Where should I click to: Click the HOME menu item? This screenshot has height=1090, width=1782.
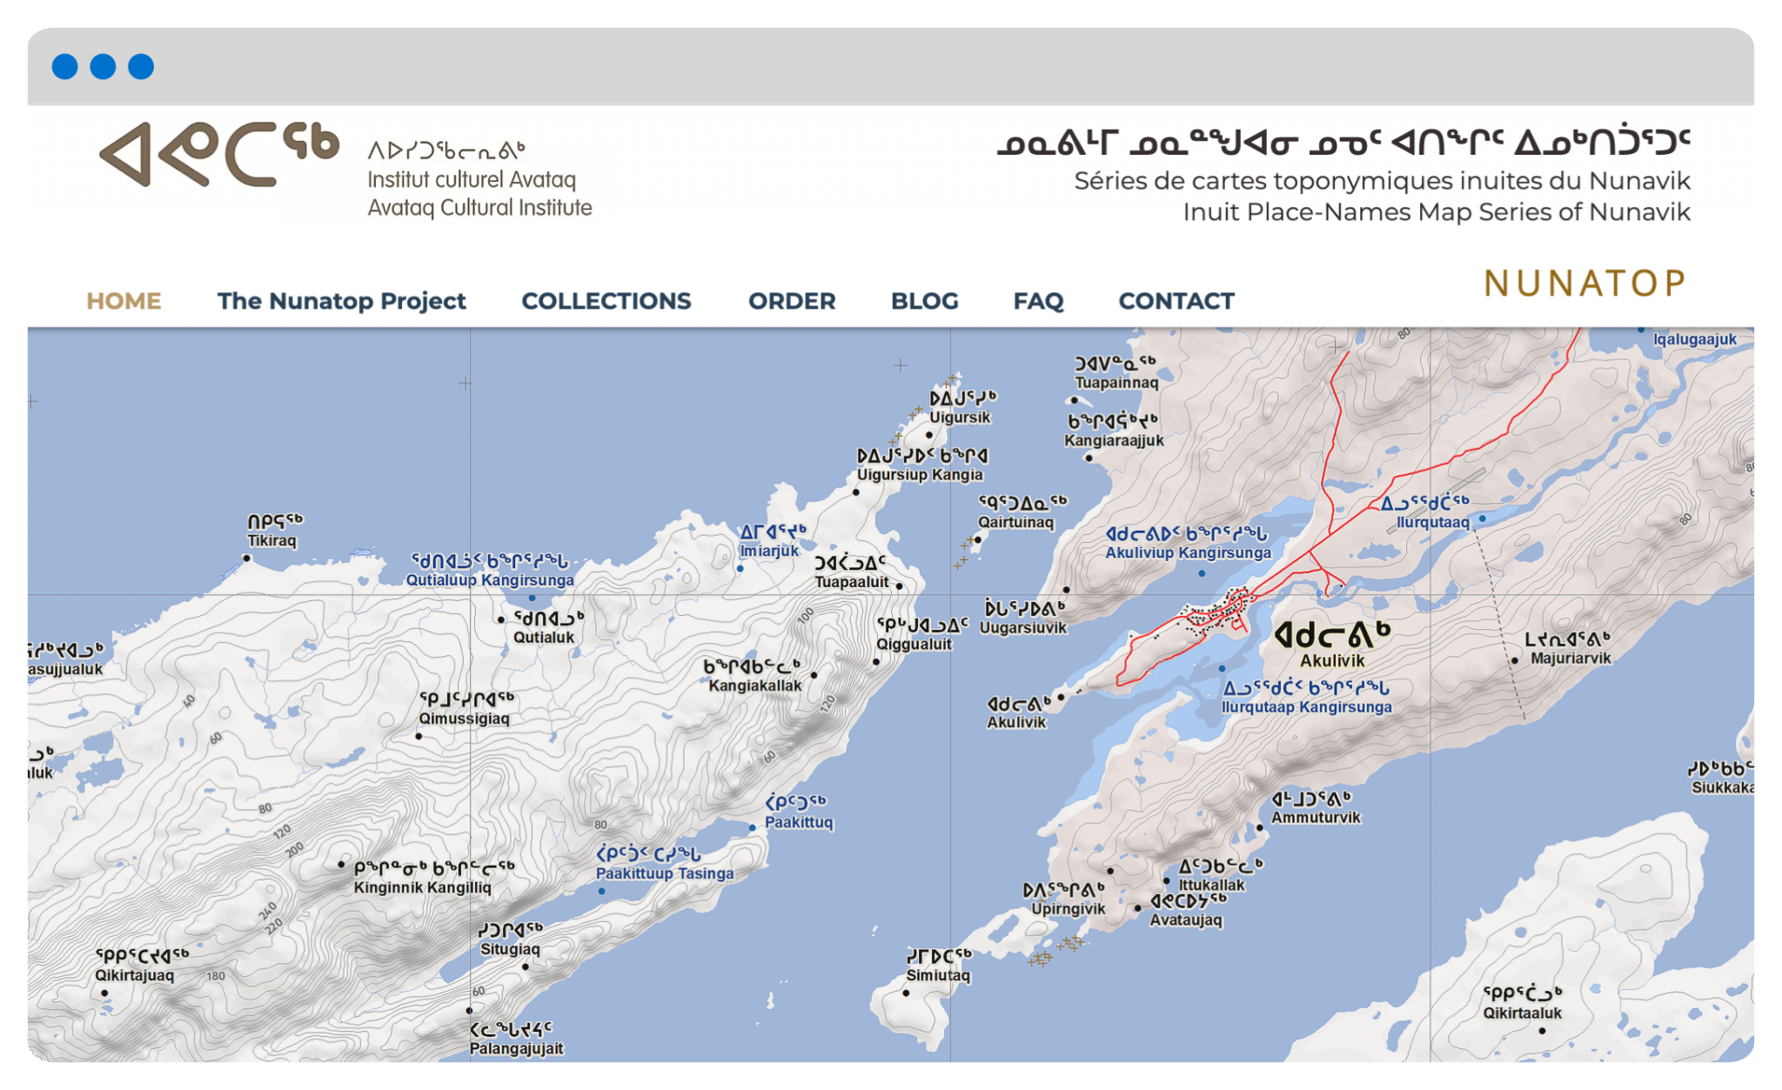(x=124, y=301)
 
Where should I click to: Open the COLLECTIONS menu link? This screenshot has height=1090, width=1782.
(x=606, y=301)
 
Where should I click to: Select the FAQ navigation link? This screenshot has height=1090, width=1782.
(x=1038, y=301)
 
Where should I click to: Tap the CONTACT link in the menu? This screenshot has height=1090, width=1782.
(x=1176, y=301)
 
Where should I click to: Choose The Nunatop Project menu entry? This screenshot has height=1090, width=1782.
(x=341, y=301)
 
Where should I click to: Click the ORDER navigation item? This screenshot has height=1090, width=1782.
(x=792, y=301)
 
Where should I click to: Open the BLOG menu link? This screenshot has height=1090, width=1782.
(x=924, y=301)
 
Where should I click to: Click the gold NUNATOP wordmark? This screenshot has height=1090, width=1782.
(x=1584, y=284)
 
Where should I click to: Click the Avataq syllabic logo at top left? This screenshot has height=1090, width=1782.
(x=219, y=155)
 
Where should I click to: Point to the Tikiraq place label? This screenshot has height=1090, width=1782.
(x=271, y=540)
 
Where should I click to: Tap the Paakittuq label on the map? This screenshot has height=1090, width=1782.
(x=799, y=822)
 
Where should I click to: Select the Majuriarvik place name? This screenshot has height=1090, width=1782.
(x=1571, y=659)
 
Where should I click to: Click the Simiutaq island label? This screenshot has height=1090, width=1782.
(x=938, y=975)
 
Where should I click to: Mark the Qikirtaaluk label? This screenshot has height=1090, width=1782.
(x=1522, y=1013)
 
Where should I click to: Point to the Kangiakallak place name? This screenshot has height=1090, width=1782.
(x=754, y=685)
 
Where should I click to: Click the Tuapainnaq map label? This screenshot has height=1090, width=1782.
(x=1116, y=383)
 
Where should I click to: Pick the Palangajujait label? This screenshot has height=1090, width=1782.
(x=516, y=1048)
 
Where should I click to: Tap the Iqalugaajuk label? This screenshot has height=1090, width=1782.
(x=1694, y=339)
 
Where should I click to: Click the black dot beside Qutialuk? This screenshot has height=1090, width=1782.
(x=500, y=620)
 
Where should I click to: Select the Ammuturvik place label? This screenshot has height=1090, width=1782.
(x=1316, y=817)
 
